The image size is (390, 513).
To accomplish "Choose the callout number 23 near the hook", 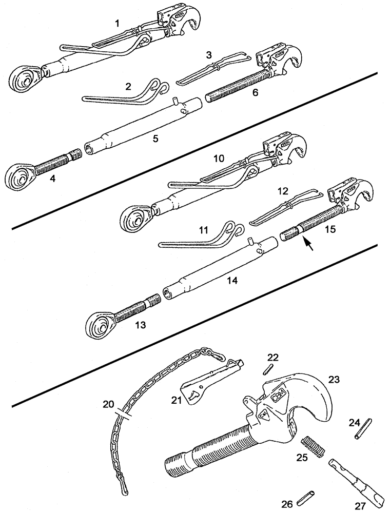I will [334, 380].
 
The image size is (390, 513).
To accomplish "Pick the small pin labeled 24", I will [362, 429].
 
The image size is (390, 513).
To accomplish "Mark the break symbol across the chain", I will [124, 414].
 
